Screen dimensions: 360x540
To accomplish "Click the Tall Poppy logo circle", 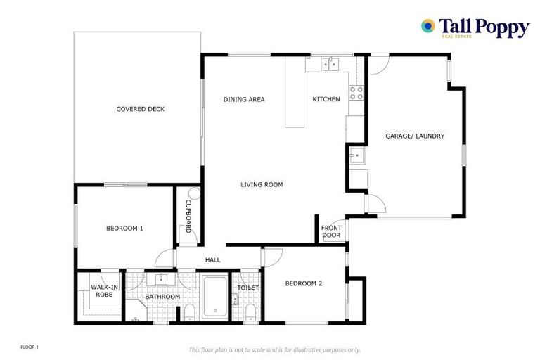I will point(427,26).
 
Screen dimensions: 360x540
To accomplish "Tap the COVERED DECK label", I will point(141,109).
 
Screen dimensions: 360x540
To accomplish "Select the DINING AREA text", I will point(244,99).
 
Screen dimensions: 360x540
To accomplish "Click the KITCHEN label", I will point(326,99).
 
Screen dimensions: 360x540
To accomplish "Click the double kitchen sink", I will point(330,65).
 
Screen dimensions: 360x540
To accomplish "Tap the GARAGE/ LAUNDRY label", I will point(415,136).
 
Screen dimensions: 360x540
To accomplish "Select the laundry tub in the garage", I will point(356,156).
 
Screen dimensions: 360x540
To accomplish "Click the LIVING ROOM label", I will point(262,185).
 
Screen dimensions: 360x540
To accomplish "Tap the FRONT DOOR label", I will point(331,231).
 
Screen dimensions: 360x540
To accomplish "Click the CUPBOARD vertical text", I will point(188,216).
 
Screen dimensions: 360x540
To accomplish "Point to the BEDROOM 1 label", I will point(124,228).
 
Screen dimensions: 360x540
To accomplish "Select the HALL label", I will point(212,260).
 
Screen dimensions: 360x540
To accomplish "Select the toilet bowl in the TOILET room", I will point(250,312).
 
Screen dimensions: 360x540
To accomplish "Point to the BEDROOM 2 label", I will point(303,284).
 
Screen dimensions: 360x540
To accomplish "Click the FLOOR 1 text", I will point(29,347).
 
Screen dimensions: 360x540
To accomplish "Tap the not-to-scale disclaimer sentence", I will point(274,349).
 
